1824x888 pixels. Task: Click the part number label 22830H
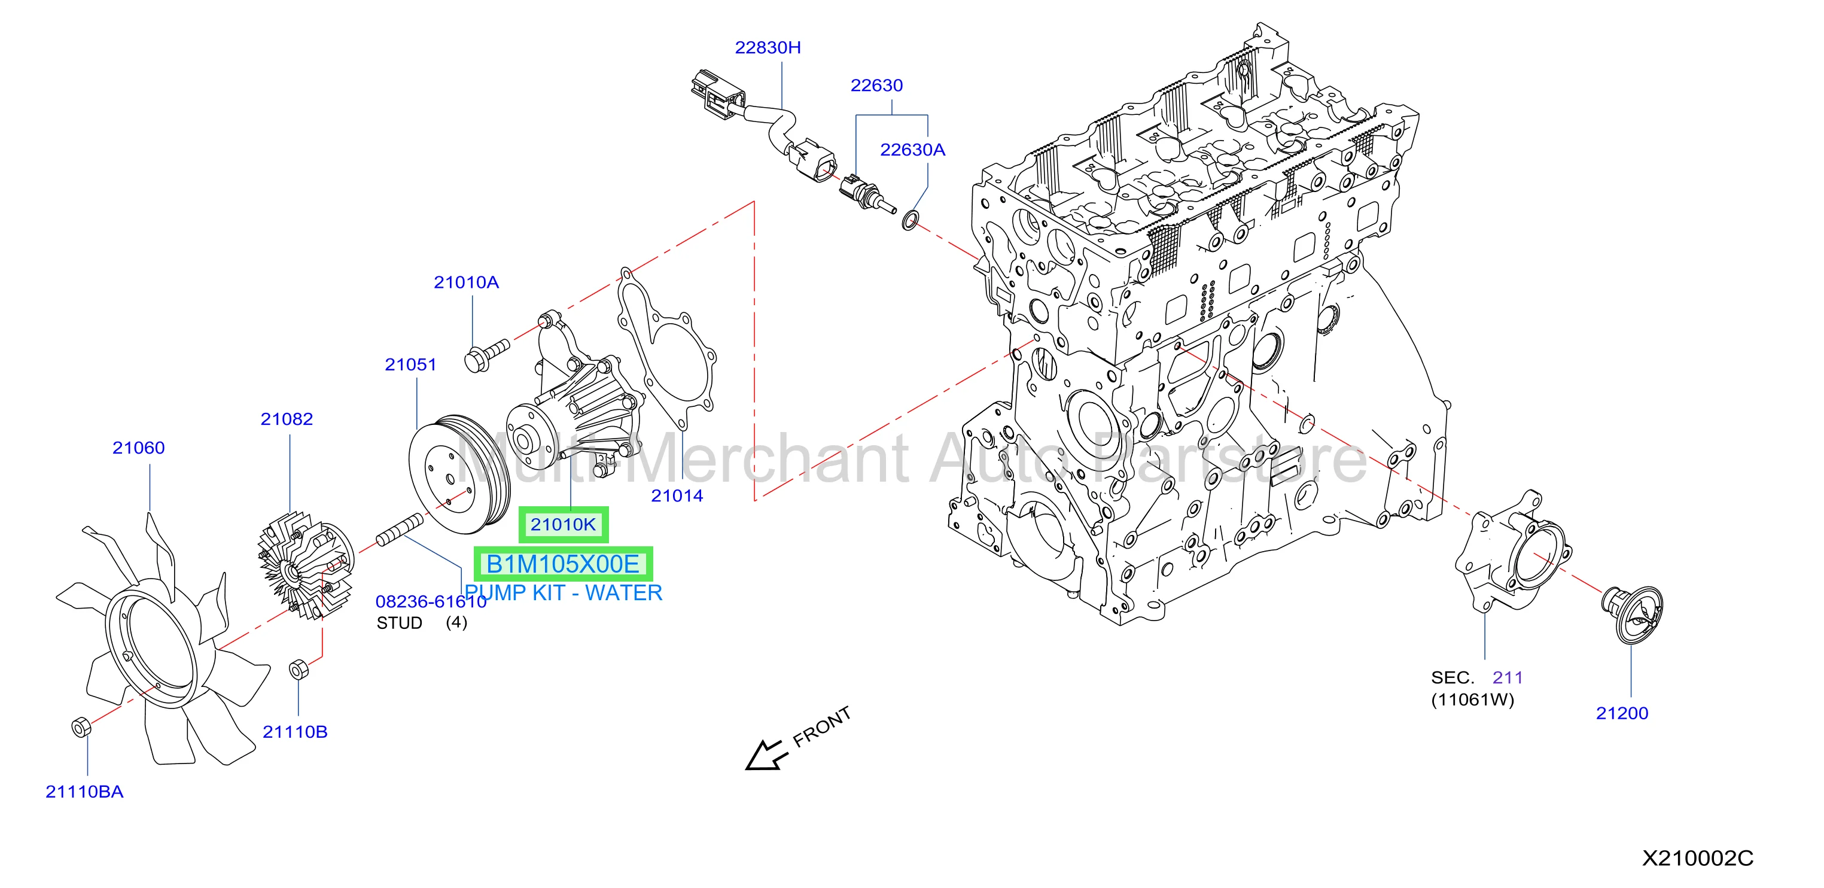pos(768,47)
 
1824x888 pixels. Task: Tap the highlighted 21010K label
pos(563,525)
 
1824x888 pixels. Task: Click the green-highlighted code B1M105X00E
pos(563,564)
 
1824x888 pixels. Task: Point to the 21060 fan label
pos(138,448)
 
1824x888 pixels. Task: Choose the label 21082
pos(286,418)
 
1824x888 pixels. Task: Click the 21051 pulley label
pos(410,364)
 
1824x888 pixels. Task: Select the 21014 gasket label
pos(677,495)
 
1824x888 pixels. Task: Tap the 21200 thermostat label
pos(1621,713)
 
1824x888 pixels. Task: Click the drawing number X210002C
pos(1697,858)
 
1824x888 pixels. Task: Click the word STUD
pos(400,622)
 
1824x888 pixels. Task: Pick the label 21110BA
pos(84,792)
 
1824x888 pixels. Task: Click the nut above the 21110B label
pos(298,668)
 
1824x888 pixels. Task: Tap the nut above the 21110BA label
pos(80,726)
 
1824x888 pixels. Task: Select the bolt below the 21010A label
pos(486,354)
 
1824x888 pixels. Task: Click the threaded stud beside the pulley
pos(400,530)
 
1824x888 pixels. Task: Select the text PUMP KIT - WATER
pos(564,593)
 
